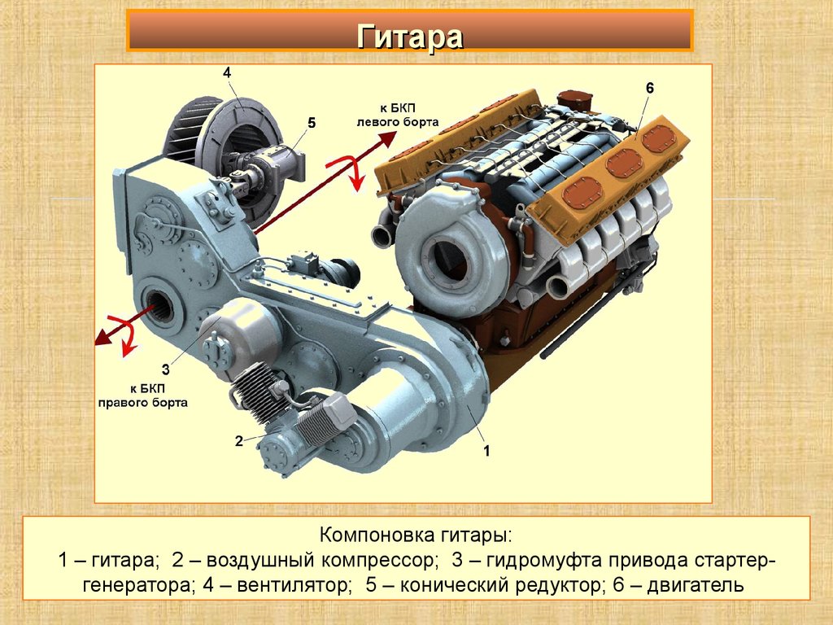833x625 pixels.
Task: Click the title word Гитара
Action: pos(410,37)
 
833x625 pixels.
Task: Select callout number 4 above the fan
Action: pos(227,72)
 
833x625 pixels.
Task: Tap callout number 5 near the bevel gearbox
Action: pos(312,123)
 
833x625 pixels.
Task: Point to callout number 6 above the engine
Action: pos(650,88)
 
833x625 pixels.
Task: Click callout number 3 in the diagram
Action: pos(165,369)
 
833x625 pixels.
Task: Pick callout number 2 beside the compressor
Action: pos(239,440)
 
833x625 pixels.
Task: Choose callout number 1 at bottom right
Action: pos(486,451)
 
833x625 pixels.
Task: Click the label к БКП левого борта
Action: pos(398,116)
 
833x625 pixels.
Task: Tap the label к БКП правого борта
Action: pos(143,395)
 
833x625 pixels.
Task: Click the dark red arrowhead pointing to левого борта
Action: pos(387,139)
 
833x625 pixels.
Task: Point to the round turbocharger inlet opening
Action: pos(445,263)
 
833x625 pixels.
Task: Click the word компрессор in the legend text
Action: pos(380,561)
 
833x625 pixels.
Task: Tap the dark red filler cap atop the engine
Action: pos(574,100)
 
